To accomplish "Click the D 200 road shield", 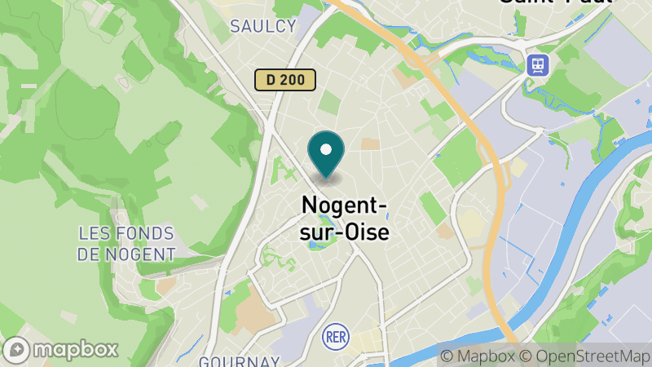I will (x=284, y=79).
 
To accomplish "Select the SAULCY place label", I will (x=262, y=26).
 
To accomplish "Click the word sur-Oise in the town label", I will (x=346, y=232).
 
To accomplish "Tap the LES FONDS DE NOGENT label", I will (x=126, y=244).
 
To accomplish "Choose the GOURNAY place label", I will (x=240, y=360).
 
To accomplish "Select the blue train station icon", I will (x=539, y=64).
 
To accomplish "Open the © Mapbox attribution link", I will (x=480, y=356).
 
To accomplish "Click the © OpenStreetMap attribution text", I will (x=586, y=356).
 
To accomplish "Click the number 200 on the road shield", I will (x=294, y=79).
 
